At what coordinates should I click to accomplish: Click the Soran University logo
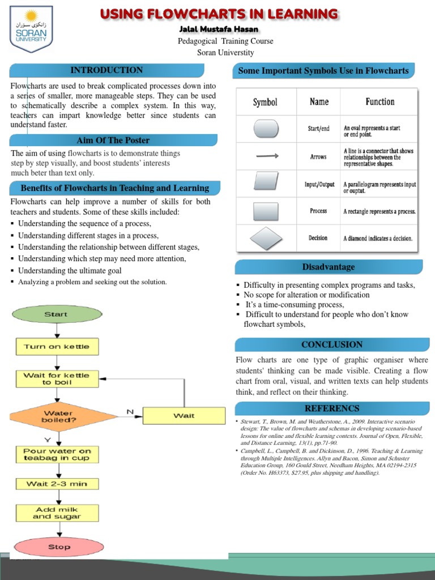[31, 29]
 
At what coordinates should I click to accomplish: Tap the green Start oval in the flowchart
[56, 314]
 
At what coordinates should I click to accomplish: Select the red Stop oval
[59, 547]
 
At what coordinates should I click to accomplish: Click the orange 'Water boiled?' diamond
[58, 417]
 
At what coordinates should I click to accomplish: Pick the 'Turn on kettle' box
[57, 347]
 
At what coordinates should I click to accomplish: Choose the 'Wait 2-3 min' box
[57, 484]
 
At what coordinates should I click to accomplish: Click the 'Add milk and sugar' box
[57, 513]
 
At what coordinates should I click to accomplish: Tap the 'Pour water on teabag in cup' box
[57, 454]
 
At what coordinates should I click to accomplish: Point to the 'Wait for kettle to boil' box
[57, 378]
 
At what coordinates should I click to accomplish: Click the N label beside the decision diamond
[130, 412]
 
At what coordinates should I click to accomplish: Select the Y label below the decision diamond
[47, 439]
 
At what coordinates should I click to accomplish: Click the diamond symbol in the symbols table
[266, 238]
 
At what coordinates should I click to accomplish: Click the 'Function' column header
[380, 102]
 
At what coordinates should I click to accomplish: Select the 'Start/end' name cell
[318, 129]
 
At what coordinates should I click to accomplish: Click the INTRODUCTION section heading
[106, 70]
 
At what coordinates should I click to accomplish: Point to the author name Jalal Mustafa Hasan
[219, 29]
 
